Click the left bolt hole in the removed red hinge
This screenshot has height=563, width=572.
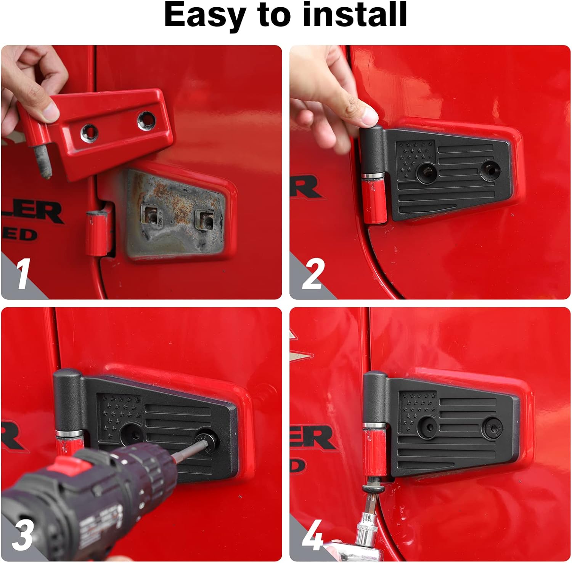pos(89,132)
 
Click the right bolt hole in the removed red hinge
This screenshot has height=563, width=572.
pos(146,119)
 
